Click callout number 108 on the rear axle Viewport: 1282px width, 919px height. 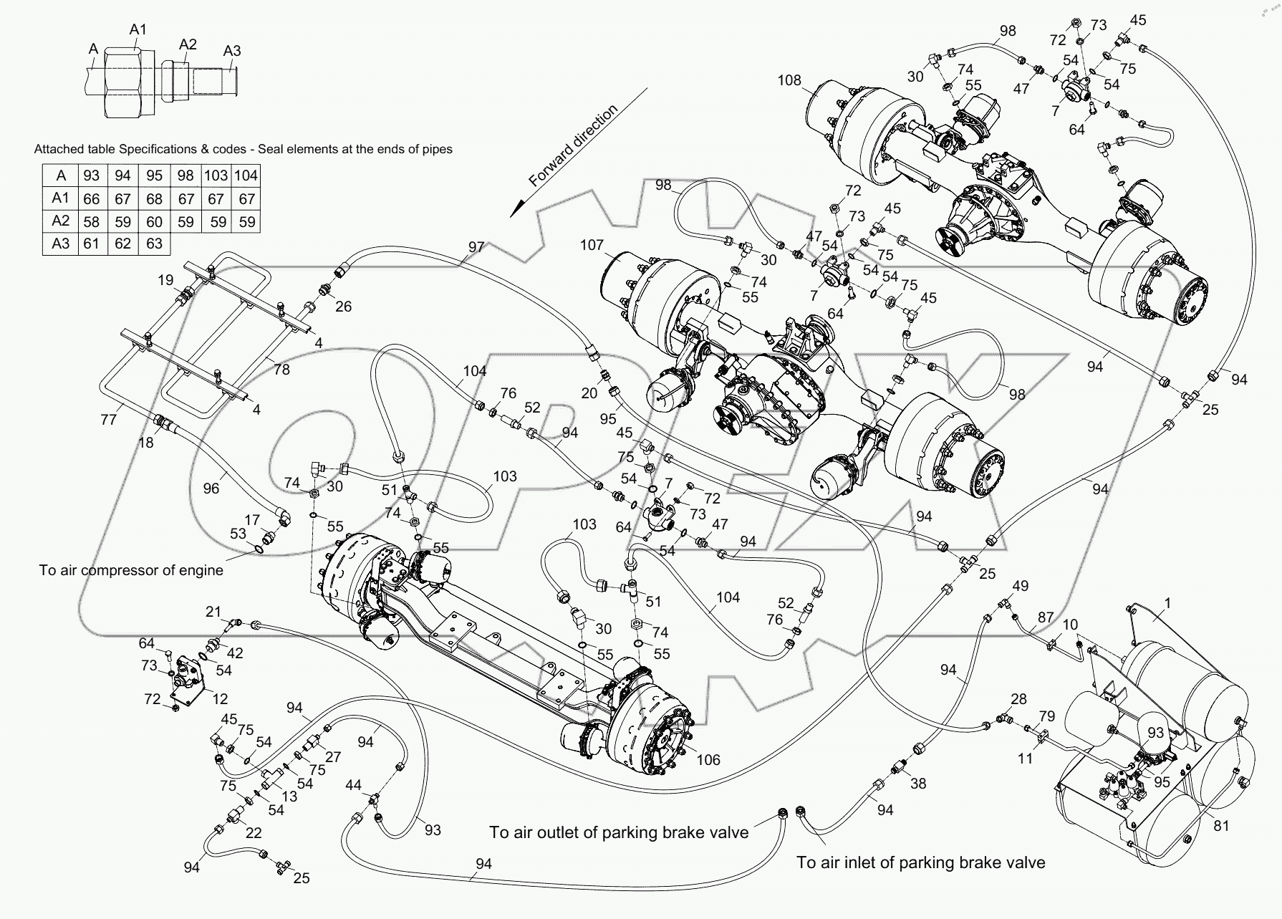pyautogui.click(x=789, y=80)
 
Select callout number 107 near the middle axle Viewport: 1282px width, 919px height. pyautogui.click(x=592, y=245)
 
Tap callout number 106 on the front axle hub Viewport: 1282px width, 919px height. pyautogui.click(x=708, y=760)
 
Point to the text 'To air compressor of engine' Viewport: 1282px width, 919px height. pyautogui.click(x=131, y=570)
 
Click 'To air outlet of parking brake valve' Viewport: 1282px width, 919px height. pyautogui.click(x=619, y=832)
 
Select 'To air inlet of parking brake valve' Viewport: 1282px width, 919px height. pyautogui.click(x=920, y=862)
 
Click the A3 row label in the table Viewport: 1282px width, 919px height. pyautogui.click(x=61, y=244)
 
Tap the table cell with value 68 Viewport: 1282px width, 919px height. pyautogui.click(x=154, y=199)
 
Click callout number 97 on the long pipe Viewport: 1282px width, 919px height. pyautogui.click(x=476, y=247)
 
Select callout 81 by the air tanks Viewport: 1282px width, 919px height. pyautogui.click(x=1221, y=826)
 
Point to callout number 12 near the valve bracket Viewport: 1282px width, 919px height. pyautogui.click(x=220, y=699)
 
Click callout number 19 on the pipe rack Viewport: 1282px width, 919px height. pyautogui.click(x=165, y=279)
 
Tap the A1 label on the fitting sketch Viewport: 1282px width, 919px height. pyautogui.click(x=138, y=29)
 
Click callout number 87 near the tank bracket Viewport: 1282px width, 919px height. pyautogui.click(x=1045, y=617)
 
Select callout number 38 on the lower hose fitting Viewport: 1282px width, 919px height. pyautogui.click(x=917, y=784)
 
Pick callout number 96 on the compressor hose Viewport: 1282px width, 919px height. pyautogui.click(x=211, y=489)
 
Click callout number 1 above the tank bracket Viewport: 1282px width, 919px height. pyautogui.click(x=1167, y=604)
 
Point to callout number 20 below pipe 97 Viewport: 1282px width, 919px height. pyautogui.click(x=589, y=393)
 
